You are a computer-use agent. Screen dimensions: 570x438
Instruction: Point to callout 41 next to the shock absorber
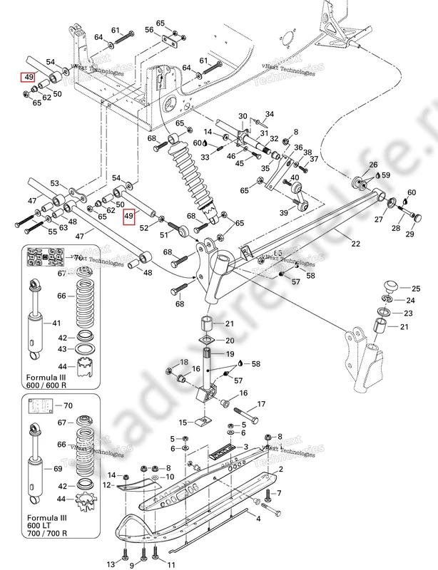51,323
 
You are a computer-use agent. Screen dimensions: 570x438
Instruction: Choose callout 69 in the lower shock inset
51,468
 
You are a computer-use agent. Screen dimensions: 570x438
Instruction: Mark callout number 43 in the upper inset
63,349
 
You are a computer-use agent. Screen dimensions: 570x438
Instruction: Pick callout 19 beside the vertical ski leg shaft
230,354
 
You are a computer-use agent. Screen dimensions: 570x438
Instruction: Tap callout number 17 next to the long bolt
260,404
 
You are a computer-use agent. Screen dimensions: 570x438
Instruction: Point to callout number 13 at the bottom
111,564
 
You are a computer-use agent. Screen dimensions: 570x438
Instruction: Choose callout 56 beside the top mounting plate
149,31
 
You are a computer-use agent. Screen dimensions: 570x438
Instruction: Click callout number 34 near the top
270,114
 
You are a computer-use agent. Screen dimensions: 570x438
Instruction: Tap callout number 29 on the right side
410,235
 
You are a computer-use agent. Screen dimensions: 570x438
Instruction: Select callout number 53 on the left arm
54,184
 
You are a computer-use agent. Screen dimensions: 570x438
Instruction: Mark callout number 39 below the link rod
283,212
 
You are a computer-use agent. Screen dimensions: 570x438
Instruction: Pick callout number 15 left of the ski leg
183,422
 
